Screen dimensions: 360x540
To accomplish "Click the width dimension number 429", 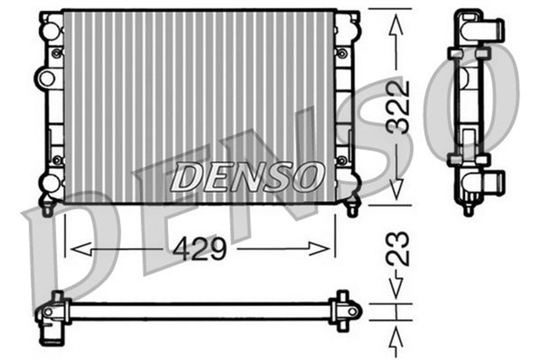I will tap(200, 250).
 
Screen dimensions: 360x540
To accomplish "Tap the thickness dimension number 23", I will tap(402, 249).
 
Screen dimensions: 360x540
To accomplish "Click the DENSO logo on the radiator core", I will tap(246, 177).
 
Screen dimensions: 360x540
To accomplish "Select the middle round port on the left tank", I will tap(47, 78).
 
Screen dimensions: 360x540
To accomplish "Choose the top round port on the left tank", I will tap(50, 30).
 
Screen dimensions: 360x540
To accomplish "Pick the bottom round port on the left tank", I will tap(50, 180).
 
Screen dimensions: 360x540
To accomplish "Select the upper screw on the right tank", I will tap(342, 52).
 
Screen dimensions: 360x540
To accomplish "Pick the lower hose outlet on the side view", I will tap(490, 180).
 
